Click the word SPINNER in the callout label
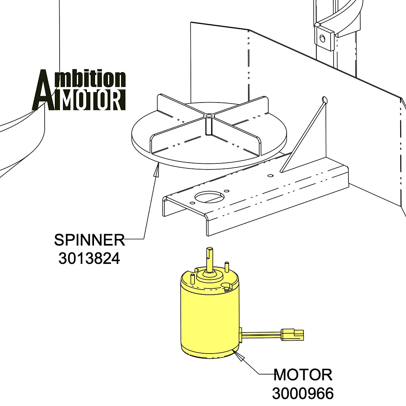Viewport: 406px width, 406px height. coord(89,240)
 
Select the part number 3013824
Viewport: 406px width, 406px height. coord(89,259)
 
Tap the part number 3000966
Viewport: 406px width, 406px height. coord(303,393)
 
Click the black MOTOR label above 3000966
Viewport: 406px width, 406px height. coord(303,375)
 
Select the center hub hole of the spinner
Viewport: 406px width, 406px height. coord(209,116)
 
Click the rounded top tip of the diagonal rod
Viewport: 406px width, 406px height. coord(325,100)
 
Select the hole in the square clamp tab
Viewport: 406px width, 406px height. coord(323,38)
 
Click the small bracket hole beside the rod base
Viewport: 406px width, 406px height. coord(270,176)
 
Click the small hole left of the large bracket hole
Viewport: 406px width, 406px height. coord(192,203)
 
